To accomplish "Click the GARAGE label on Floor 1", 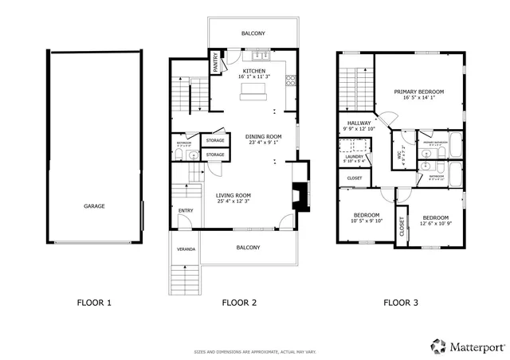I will (x=94, y=205).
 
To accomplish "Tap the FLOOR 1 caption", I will (x=94, y=302).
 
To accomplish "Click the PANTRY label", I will (x=215, y=64).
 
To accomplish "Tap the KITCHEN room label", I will (x=255, y=71).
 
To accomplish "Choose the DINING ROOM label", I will (x=263, y=136).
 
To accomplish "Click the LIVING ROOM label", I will (x=233, y=195).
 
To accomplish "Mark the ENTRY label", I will (x=185, y=210).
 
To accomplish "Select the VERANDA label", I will (x=185, y=248).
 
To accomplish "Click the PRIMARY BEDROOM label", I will (x=418, y=92).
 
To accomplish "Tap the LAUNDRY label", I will (x=355, y=156).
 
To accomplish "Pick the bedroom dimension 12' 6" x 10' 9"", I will (x=436, y=224).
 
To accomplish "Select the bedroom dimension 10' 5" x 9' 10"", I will (x=367, y=221).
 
